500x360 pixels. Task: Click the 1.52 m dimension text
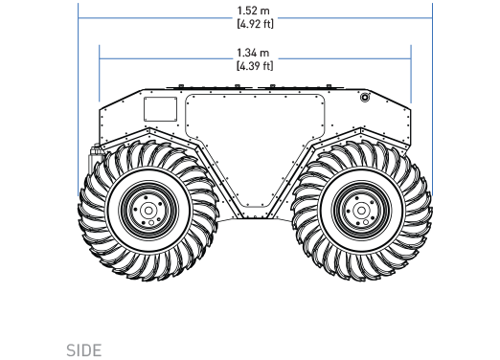click(x=254, y=11)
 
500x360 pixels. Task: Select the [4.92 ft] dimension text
click(x=255, y=24)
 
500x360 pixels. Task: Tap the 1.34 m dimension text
click(x=253, y=53)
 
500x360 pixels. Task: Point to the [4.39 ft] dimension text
click(x=255, y=66)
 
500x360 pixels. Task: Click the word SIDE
click(x=84, y=350)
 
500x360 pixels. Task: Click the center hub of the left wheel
click(x=148, y=211)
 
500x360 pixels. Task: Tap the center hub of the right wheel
click(x=361, y=211)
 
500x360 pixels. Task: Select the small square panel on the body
click(x=160, y=109)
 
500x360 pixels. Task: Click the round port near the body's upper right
click(x=365, y=97)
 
